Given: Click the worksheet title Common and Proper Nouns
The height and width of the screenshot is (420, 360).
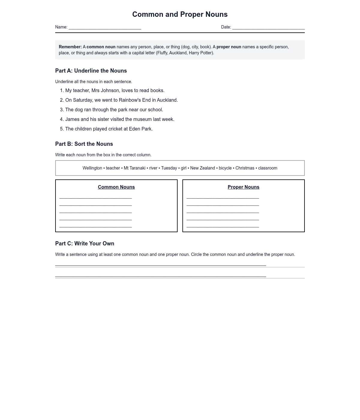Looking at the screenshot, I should click(180, 14).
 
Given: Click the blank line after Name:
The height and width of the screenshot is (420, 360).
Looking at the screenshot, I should click(105, 28).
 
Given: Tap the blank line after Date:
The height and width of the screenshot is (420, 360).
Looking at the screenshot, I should click(268, 28).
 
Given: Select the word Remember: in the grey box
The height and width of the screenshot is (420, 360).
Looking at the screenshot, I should click(70, 47).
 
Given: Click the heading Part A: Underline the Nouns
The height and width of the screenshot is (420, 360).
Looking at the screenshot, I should click(91, 71).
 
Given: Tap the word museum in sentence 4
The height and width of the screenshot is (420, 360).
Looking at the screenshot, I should click(142, 119).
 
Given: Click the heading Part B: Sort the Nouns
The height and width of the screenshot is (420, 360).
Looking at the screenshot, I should click(84, 144).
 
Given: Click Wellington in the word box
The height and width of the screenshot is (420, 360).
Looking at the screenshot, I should click(92, 168).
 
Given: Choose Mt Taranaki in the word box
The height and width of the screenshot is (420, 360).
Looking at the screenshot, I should click(135, 168).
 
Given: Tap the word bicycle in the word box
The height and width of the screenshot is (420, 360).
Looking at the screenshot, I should click(225, 168).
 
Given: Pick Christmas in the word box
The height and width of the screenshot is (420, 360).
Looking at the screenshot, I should click(245, 168).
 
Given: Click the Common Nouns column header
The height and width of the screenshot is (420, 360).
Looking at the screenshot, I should click(116, 187).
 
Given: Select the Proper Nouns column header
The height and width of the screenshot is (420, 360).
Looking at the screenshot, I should click(244, 187).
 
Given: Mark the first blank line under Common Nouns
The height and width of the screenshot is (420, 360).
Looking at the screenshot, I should click(95, 197).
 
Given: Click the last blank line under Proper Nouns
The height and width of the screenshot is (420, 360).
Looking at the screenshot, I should click(223, 226).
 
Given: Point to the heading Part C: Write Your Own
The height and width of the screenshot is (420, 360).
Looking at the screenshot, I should click(85, 244).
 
